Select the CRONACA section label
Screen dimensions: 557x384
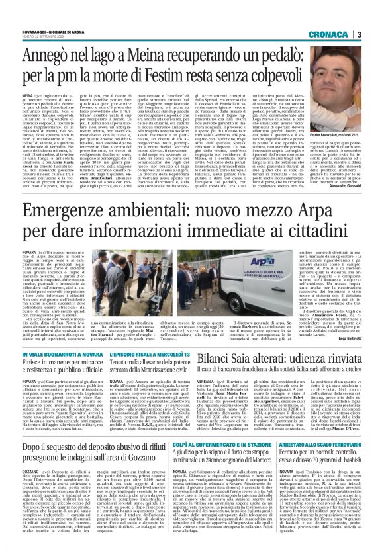pyautogui.click(x=349, y=34)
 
